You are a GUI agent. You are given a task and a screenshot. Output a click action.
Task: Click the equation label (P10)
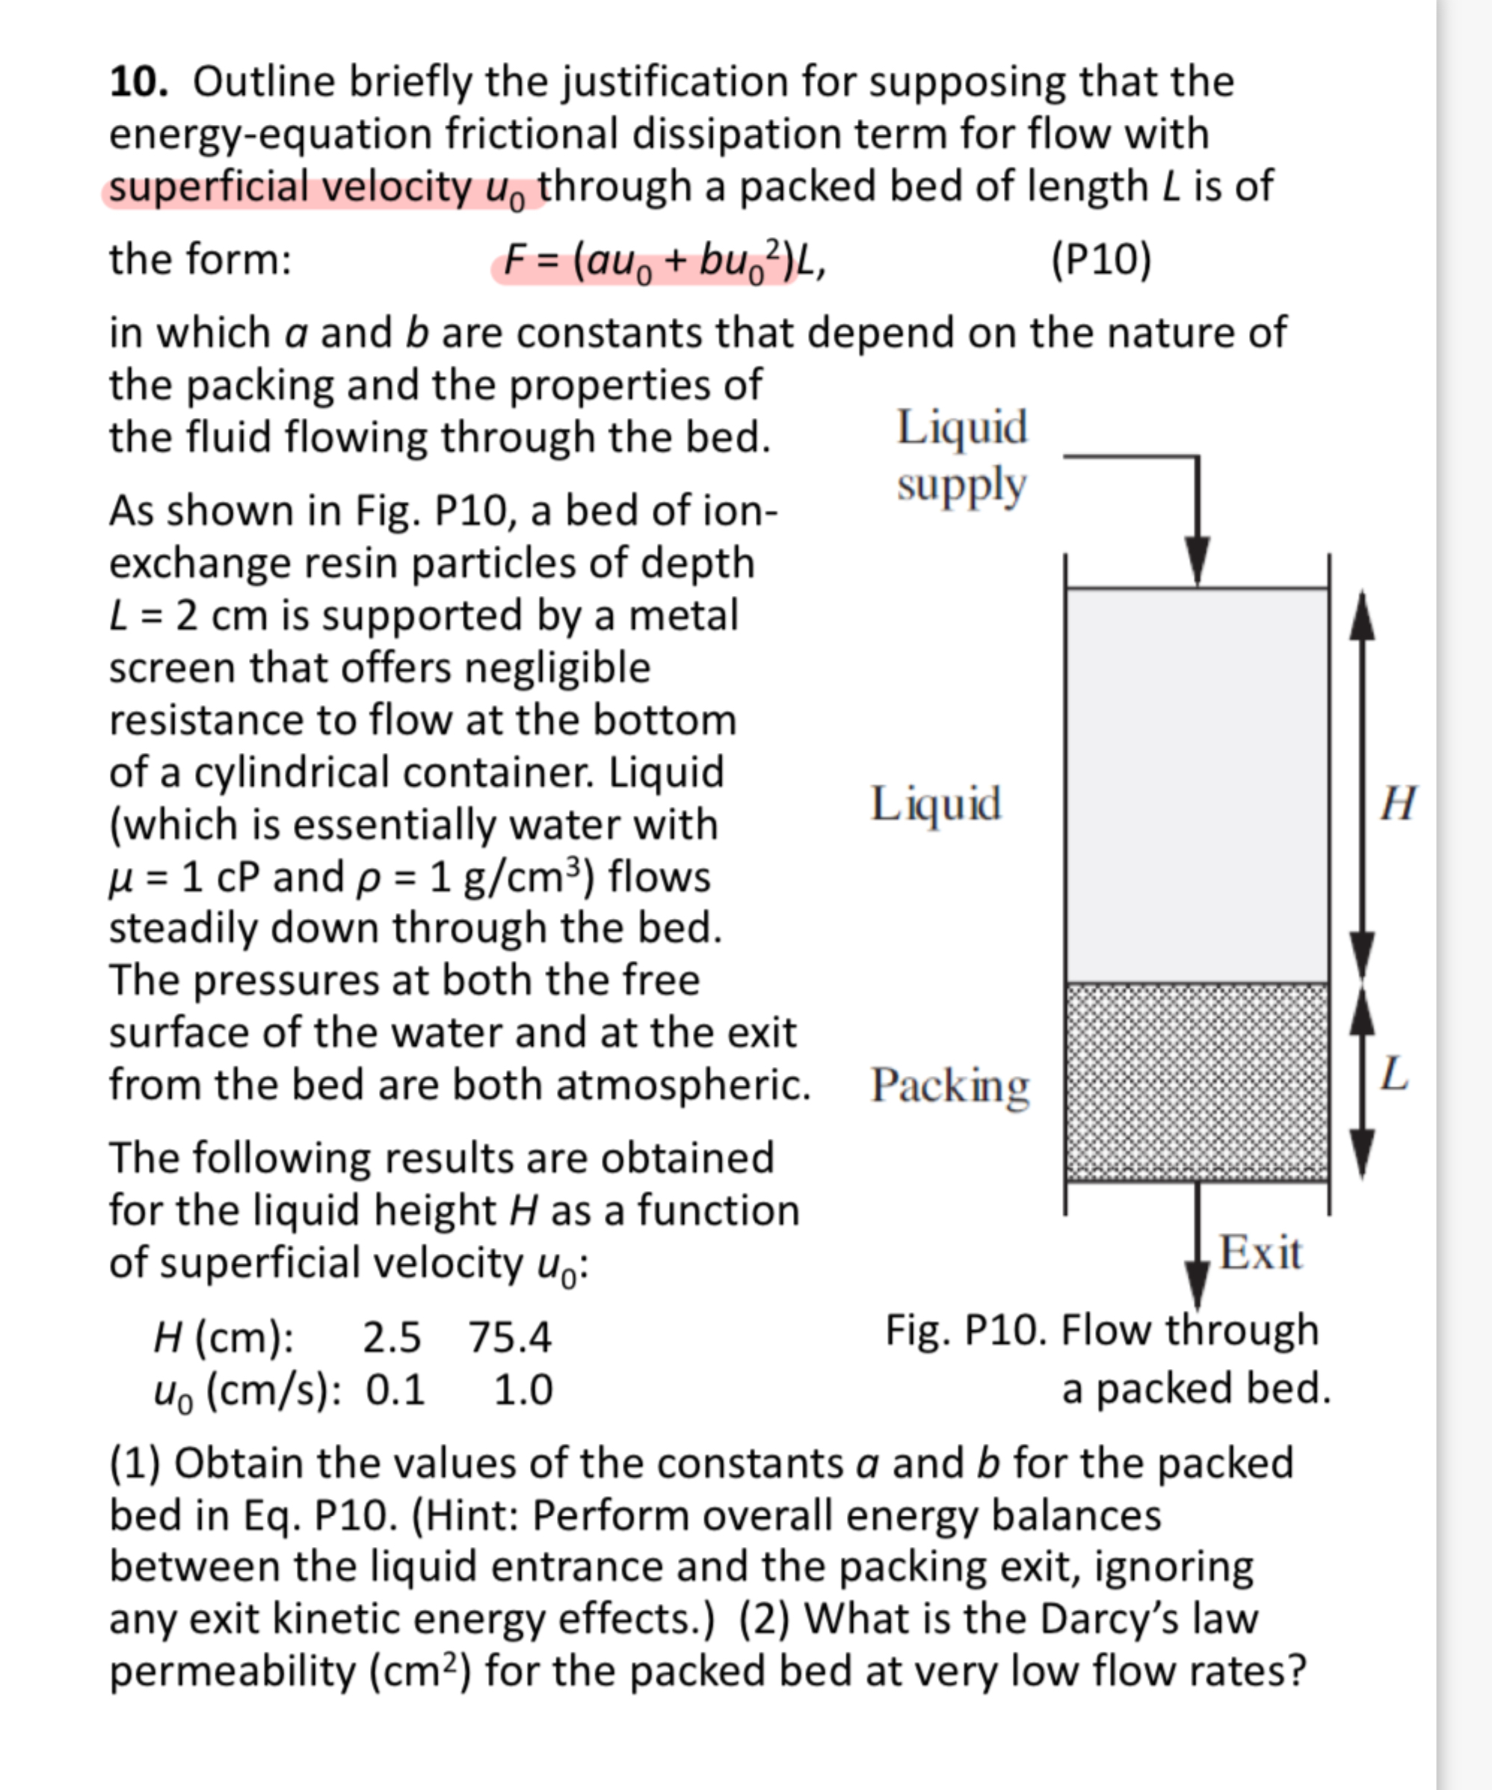coord(1100,259)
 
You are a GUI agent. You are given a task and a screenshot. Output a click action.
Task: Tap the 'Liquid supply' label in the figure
coord(961,456)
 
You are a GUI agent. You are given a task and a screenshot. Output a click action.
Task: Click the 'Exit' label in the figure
coord(1260,1253)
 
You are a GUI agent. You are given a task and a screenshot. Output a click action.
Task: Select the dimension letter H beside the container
coord(1399,803)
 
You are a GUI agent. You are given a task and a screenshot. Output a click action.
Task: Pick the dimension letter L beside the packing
coord(1394,1074)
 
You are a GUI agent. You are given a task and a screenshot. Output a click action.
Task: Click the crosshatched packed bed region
coord(1196,1083)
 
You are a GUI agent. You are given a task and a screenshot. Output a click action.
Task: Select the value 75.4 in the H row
coord(510,1337)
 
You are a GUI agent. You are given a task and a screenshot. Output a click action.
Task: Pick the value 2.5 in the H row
coord(391,1337)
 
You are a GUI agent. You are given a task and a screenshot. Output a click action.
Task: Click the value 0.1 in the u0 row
coord(395,1390)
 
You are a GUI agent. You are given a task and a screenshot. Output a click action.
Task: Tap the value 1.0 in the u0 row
coord(522,1390)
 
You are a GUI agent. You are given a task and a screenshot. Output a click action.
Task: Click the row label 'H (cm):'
coord(224,1337)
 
